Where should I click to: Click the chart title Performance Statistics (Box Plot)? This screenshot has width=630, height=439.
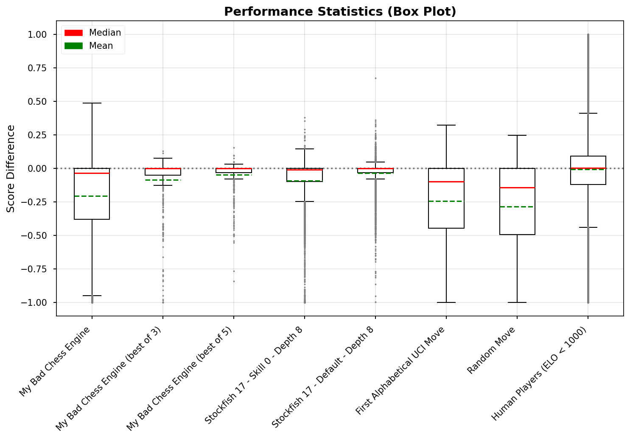pos(340,11)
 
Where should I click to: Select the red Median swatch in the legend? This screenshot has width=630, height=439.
pos(73,33)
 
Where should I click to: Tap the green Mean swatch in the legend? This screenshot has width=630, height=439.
pos(73,46)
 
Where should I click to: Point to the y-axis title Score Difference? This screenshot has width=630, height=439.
pos(11,168)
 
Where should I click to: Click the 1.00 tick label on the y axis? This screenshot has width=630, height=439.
pos(39,34)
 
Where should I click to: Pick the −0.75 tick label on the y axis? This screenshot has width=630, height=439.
pos(37,269)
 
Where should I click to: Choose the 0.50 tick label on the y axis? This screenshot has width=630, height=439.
pos(39,101)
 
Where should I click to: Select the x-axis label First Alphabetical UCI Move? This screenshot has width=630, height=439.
pos(400,371)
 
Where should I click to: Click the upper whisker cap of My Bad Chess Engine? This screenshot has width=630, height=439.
pos(92,103)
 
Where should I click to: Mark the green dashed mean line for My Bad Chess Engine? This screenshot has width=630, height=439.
pos(92,196)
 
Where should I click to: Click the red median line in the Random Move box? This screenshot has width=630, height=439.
pos(517,187)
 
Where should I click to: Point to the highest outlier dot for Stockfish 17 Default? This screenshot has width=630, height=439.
pos(375,78)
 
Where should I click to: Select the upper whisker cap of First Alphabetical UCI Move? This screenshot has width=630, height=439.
pos(446,125)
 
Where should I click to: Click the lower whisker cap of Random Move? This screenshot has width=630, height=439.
pos(517,302)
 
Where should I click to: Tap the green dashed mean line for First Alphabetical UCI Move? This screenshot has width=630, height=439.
pos(446,201)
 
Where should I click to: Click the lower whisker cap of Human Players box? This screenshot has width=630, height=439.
pos(588,227)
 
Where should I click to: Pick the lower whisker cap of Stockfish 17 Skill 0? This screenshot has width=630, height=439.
pos(305,201)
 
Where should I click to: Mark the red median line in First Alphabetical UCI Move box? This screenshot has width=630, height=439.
pos(446,182)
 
